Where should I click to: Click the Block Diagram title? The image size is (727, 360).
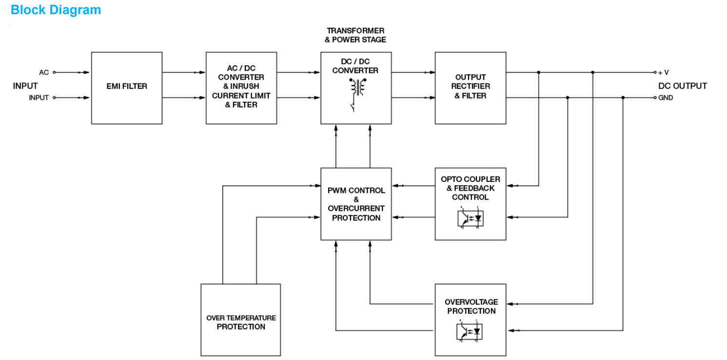tap(56, 10)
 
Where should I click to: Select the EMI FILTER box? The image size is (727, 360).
tap(127, 88)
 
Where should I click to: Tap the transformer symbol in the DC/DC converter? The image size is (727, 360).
tap(359, 87)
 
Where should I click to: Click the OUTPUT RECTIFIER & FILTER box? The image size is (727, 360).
tap(470, 88)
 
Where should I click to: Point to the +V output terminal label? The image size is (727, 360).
tap(663, 73)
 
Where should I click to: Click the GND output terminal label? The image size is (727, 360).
tap(666, 98)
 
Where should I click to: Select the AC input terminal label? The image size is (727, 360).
tap(44, 73)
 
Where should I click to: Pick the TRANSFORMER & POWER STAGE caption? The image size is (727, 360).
tap(355, 35)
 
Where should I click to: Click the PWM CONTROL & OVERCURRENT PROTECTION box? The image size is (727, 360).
tap(356, 204)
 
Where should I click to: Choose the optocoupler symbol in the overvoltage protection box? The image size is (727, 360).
tap(471, 331)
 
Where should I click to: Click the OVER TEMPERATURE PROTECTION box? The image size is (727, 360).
tap(241, 322)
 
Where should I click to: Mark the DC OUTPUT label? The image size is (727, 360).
tap(682, 86)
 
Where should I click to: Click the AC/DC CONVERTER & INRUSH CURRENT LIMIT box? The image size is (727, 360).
tap(241, 88)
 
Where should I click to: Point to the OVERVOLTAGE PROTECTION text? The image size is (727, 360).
tap(471, 306)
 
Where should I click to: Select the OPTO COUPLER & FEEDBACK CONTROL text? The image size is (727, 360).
tap(471, 188)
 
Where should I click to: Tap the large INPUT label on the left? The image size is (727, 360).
tap(25, 86)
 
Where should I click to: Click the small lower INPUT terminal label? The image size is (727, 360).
tap(39, 98)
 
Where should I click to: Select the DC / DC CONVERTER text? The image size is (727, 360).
tap(355, 66)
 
